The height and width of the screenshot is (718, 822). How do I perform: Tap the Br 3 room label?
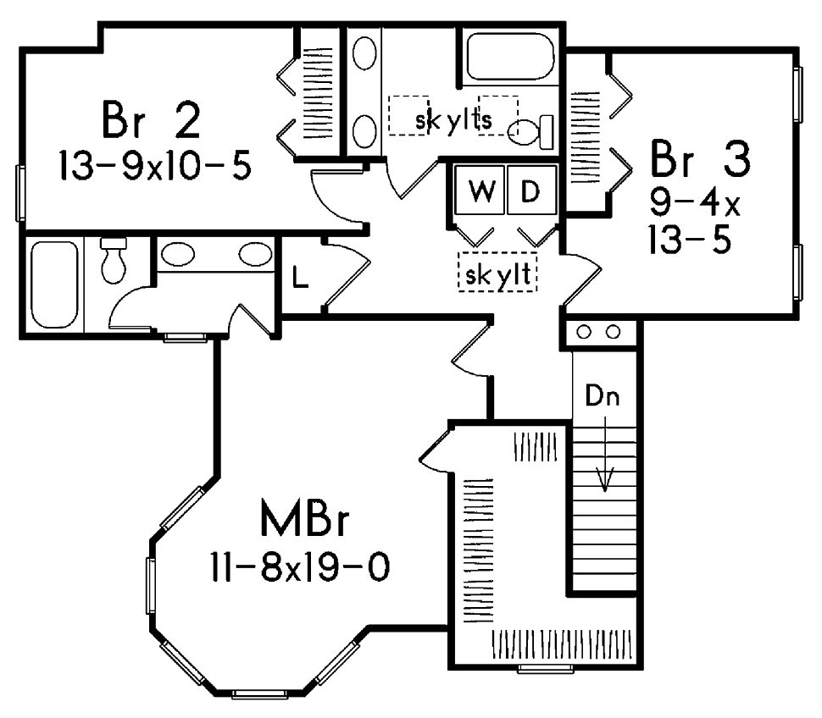pyautogui.click(x=700, y=159)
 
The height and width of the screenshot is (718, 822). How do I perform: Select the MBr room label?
pyautogui.click(x=305, y=520)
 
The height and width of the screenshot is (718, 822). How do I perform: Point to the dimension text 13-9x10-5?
pyautogui.click(x=154, y=165)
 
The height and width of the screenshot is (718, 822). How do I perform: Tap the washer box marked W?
pyautogui.click(x=480, y=191)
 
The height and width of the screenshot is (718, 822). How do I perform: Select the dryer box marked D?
pyautogui.click(x=530, y=191)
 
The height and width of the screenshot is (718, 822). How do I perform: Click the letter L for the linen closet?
pyautogui.click(x=299, y=277)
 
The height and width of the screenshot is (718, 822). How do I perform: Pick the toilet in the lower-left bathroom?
pyautogui.click(x=113, y=262)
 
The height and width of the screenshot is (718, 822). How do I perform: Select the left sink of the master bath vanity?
pyautogui.click(x=177, y=254)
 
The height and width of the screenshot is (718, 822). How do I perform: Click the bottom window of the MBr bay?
pyautogui.click(x=258, y=693)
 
